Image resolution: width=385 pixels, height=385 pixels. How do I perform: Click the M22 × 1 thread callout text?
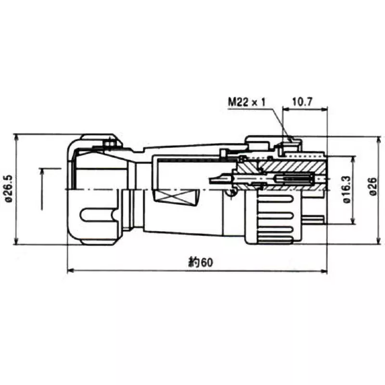coord(247,102)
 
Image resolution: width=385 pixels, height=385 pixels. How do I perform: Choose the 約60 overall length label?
coord(200,263)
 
